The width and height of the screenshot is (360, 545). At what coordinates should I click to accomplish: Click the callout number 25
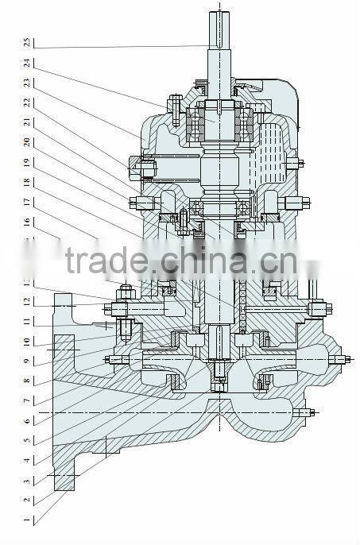click(x=27, y=41)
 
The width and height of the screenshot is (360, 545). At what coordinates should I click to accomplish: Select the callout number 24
click(x=27, y=62)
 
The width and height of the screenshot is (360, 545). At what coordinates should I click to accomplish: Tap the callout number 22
click(x=27, y=102)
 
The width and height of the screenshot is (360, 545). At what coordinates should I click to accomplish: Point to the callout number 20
click(x=27, y=142)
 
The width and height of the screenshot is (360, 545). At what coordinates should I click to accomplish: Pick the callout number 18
click(x=27, y=182)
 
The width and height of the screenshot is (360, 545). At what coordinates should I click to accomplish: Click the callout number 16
click(x=27, y=222)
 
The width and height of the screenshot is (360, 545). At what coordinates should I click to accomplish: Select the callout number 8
click(x=27, y=381)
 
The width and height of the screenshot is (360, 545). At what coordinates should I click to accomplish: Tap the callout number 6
click(x=27, y=421)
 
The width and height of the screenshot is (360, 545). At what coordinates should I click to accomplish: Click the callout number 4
click(x=27, y=461)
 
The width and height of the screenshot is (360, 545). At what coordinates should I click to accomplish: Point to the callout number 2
click(x=27, y=501)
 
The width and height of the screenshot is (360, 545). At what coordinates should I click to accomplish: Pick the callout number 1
click(x=27, y=520)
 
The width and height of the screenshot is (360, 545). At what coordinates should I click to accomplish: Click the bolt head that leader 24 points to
click(x=175, y=104)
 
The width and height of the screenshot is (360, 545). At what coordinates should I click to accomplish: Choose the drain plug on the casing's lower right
click(x=307, y=412)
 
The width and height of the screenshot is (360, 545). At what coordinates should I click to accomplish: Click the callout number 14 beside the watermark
click(x=27, y=262)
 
